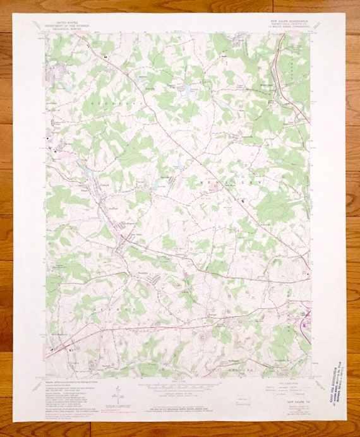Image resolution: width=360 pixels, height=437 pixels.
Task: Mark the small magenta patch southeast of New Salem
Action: point(186,274)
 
